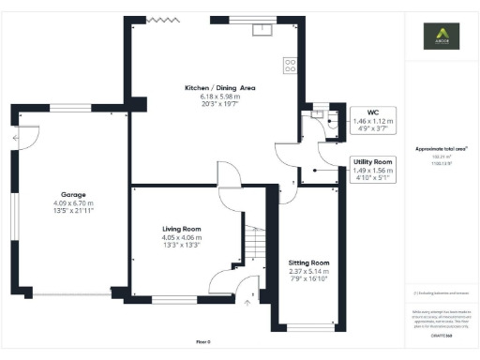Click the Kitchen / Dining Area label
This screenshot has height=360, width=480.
(x=219, y=88)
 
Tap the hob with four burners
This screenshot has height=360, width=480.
(x=290, y=66)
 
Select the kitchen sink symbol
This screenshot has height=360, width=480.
(x=262, y=28)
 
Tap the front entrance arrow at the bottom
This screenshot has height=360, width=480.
(x=249, y=302)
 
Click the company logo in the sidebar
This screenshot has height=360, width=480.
(x=442, y=38)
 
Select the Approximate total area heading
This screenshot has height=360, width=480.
(x=441, y=149)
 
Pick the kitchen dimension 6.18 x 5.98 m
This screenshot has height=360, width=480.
(x=219, y=97)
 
